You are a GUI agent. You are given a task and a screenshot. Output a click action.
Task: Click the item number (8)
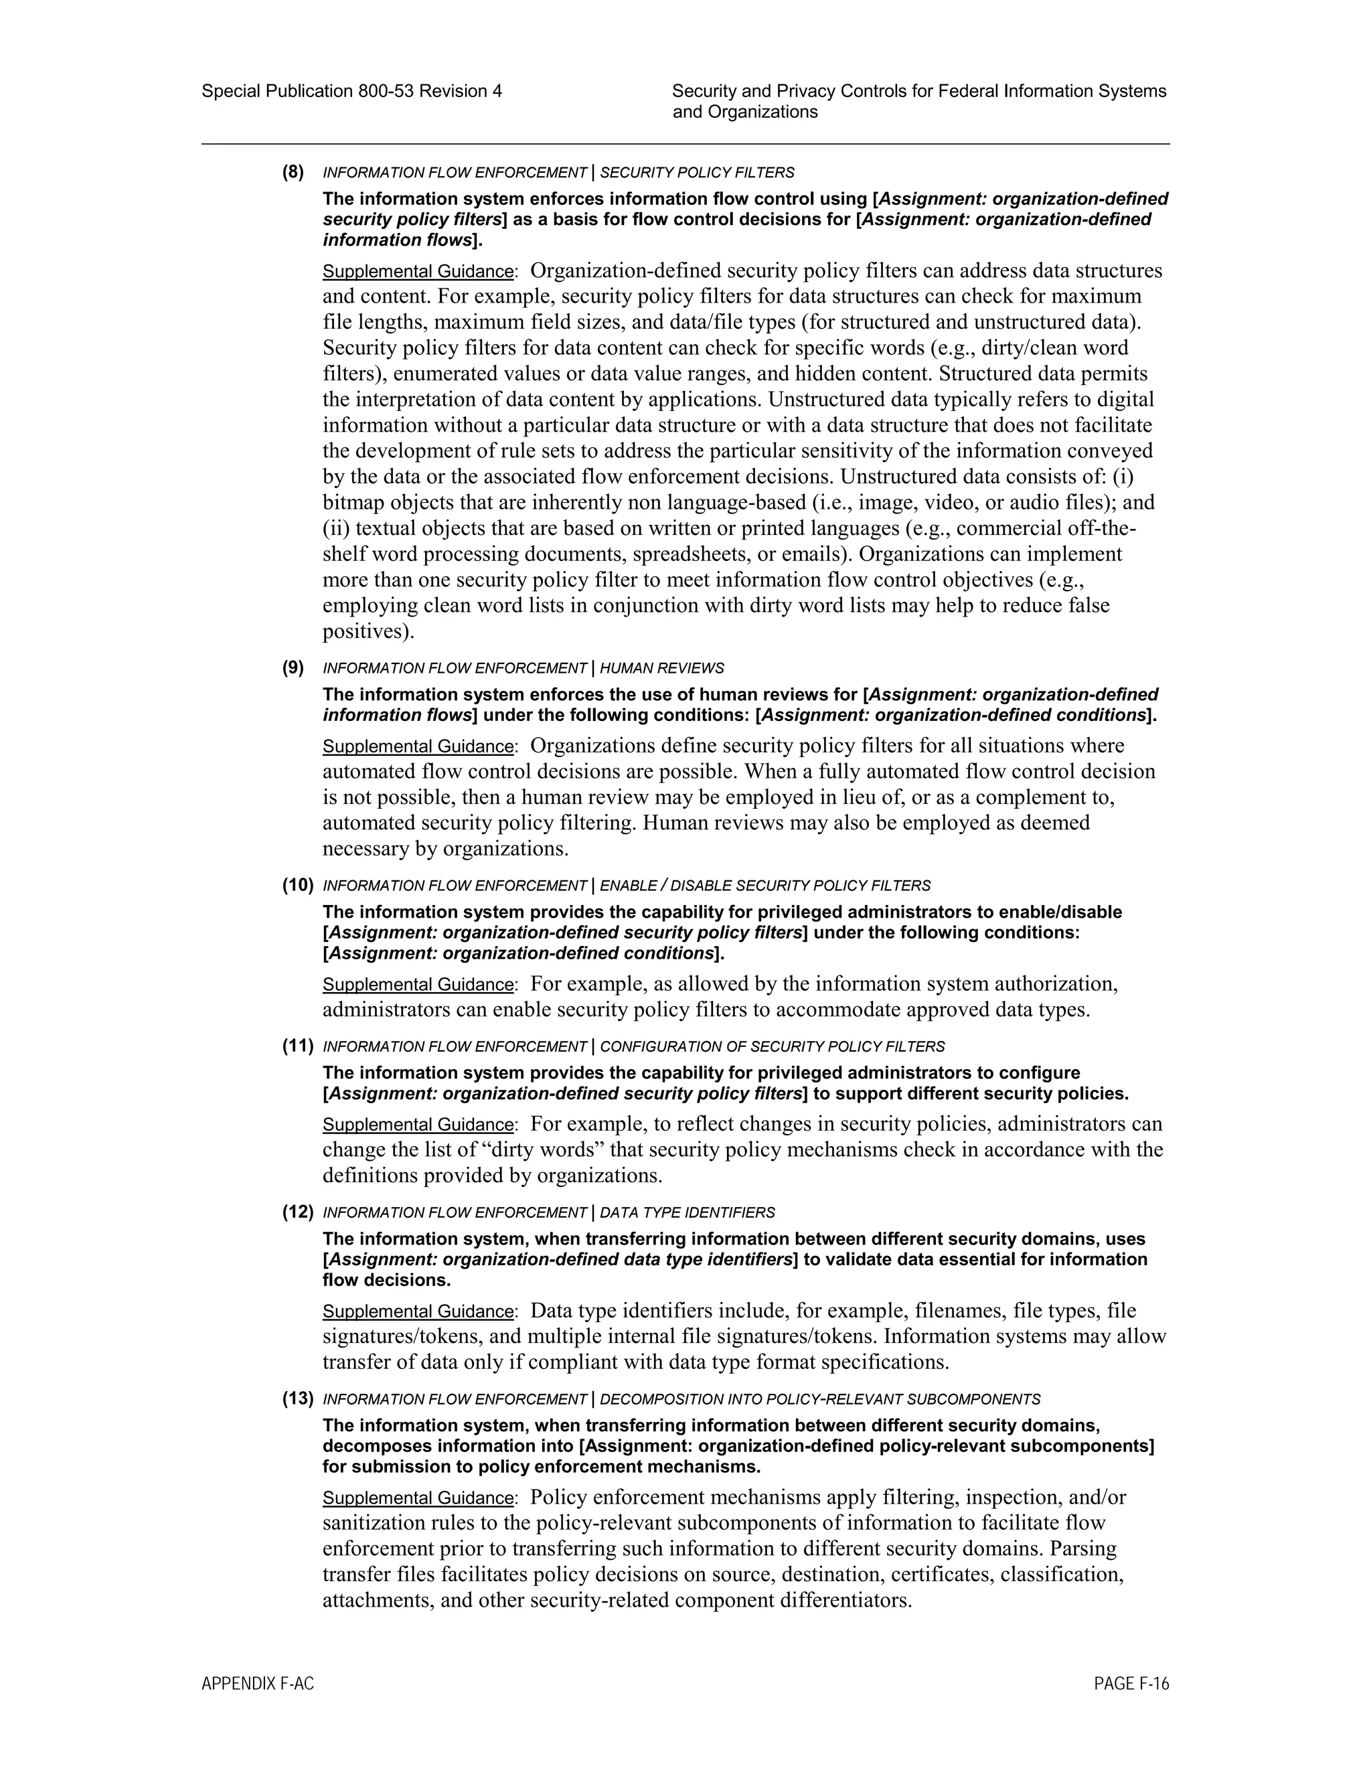pos(293,172)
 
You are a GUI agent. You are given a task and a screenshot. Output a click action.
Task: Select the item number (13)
pos(297,1398)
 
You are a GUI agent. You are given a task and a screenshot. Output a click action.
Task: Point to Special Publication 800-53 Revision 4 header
pos(351,92)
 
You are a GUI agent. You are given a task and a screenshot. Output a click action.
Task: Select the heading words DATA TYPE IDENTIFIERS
pos(687,1213)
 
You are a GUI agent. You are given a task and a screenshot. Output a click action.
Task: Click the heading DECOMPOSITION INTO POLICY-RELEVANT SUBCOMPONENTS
pos(819,1400)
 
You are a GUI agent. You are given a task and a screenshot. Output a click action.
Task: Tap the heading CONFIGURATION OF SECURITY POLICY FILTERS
pos(772,1047)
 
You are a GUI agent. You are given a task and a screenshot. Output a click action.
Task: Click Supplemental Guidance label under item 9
pos(418,746)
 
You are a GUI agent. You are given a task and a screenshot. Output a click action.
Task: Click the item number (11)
pos(297,1046)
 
